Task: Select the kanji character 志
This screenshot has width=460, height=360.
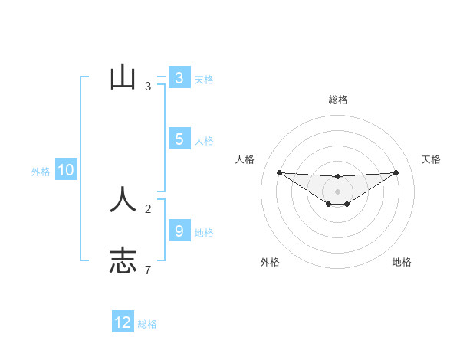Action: pyautogui.click(x=123, y=260)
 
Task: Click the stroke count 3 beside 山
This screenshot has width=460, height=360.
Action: pyautogui.click(x=148, y=87)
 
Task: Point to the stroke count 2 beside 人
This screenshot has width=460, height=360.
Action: pyautogui.click(x=148, y=208)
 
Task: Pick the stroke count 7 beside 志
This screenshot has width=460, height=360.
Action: pyautogui.click(x=148, y=270)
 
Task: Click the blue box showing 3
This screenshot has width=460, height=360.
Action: pyautogui.click(x=179, y=77)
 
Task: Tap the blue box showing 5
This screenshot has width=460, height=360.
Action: pyautogui.click(x=179, y=139)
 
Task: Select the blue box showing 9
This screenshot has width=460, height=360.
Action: pyautogui.click(x=179, y=231)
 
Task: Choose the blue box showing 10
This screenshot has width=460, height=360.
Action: pyautogui.click(x=66, y=170)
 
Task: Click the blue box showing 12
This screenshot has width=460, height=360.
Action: pyautogui.click(x=123, y=322)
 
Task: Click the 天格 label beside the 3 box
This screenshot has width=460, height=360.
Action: pyautogui.click(x=204, y=79)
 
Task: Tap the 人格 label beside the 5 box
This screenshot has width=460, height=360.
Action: pyautogui.click(x=204, y=140)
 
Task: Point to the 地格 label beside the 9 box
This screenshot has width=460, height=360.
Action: pyautogui.click(x=204, y=232)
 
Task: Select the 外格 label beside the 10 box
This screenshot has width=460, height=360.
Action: pyautogui.click(x=41, y=172)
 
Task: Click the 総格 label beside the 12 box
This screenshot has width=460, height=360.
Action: pyautogui.click(x=147, y=324)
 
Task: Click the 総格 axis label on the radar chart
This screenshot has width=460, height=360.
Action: pyautogui.click(x=338, y=100)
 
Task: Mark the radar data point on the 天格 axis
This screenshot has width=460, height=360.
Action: pyautogui.click(x=396, y=172)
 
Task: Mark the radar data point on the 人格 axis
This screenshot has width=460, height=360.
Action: pyautogui.click(x=279, y=172)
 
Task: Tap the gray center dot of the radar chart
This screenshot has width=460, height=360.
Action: pyautogui.click(x=338, y=191)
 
